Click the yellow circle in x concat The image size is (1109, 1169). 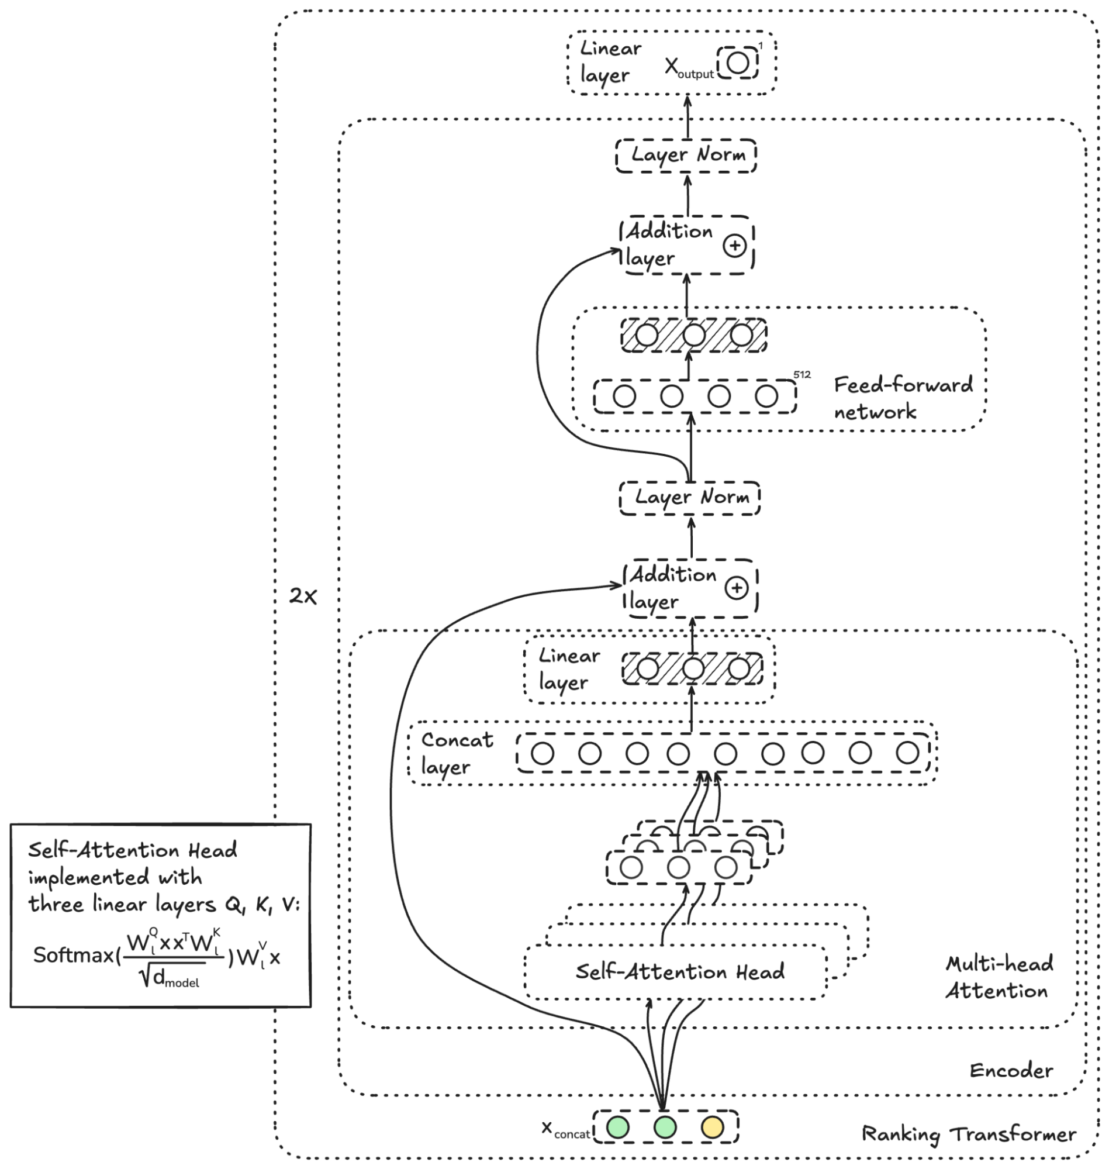click(x=711, y=1127)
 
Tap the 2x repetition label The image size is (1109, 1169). click(x=303, y=596)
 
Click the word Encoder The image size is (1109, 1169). click(x=1011, y=1070)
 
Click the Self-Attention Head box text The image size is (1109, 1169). click(x=680, y=971)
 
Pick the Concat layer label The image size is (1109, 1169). click(x=457, y=753)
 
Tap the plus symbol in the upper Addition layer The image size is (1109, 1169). click(x=735, y=246)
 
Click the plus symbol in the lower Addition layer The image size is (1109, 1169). click(x=737, y=588)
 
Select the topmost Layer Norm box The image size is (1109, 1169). click(x=686, y=155)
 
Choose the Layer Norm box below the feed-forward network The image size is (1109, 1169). click(x=690, y=497)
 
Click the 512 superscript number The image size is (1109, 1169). click(x=802, y=374)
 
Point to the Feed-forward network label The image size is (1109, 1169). click(x=903, y=397)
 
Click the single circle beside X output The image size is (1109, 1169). click(x=738, y=62)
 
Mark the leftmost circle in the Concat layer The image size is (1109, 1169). click(x=543, y=753)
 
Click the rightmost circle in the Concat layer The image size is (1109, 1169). click(x=907, y=753)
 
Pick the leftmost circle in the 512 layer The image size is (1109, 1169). click(x=624, y=396)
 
